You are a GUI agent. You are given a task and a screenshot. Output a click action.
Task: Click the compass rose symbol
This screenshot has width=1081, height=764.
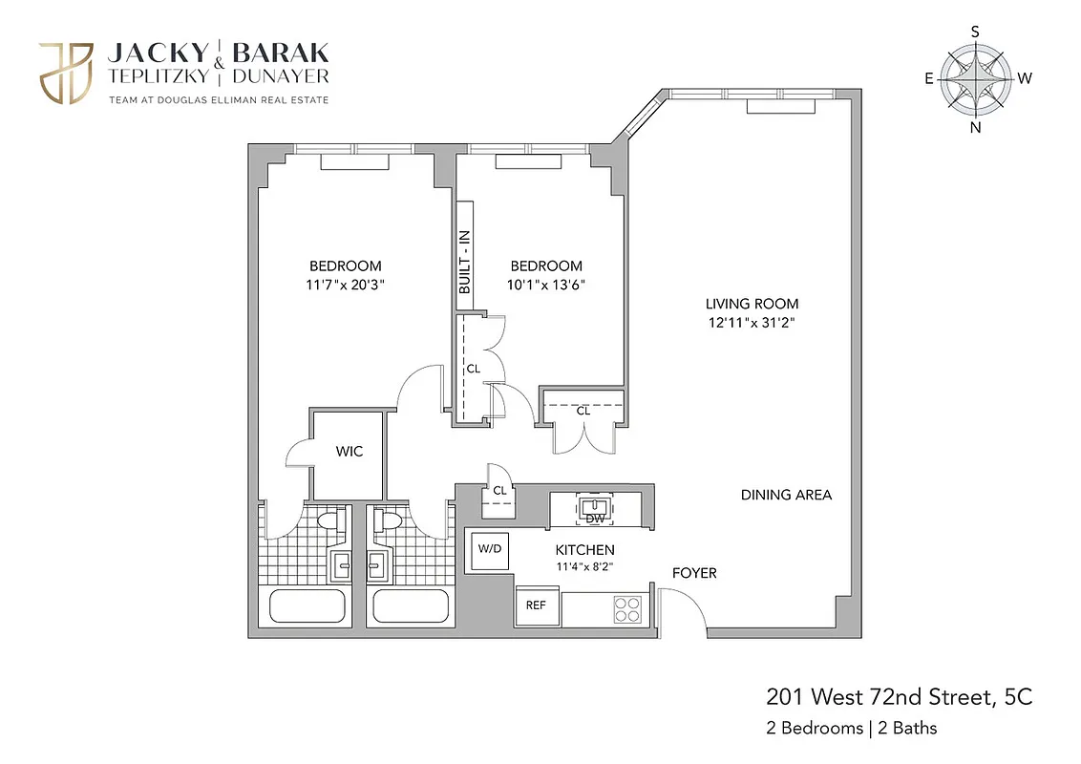[x=975, y=79]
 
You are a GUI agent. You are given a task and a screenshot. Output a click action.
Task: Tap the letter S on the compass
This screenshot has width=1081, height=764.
[x=975, y=32]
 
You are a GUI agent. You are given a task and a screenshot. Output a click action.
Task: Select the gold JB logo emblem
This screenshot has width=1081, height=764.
[x=66, y=73]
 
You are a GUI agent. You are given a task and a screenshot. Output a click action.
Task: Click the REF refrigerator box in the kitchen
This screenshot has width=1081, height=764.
[x=537, y=605]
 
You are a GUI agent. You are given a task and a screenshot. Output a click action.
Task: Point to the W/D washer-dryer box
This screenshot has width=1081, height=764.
[x=489, y=549]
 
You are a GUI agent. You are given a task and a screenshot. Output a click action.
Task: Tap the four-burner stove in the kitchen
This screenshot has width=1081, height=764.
[x=626, y=608]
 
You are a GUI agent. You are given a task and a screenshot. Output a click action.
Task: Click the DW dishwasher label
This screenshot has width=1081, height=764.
[x=595, y=519]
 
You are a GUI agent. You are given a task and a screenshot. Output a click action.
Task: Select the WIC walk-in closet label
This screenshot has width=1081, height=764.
[x=349, y=452]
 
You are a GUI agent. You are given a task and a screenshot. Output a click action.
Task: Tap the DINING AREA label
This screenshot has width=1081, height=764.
[x=786, y=495]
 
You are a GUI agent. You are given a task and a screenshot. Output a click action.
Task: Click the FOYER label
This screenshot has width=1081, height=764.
[x=694, y=573]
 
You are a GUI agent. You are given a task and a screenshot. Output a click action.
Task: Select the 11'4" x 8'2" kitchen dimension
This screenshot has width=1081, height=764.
[x=584, y=566]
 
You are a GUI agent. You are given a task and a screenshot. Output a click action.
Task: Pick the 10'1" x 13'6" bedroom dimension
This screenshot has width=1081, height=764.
[x=545, y=284]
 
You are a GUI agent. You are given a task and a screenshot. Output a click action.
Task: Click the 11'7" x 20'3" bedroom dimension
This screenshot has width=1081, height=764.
[x=345, y=284]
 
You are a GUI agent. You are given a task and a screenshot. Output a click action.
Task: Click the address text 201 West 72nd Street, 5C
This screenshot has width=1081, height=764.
[x=900, y=697]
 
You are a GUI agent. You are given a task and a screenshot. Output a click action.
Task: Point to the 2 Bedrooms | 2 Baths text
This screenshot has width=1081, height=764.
[x=851, y=728]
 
